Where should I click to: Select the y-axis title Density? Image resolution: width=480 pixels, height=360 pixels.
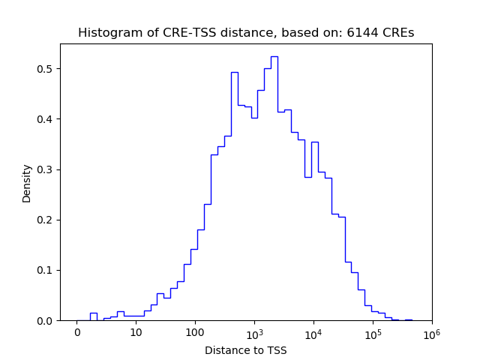tap(27, 183)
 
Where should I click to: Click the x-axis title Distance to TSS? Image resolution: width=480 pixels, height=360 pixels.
tap(246, 349)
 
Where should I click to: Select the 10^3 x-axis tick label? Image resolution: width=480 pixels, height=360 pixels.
tap(254, 332)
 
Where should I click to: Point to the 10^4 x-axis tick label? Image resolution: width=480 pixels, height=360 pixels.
tap(313, 332)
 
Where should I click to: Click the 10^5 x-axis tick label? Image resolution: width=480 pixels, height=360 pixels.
tap(373, 332)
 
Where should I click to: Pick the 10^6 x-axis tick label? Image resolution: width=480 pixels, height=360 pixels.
tap(431, 332)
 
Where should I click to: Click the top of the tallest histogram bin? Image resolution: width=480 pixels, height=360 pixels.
tap(274, 57)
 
